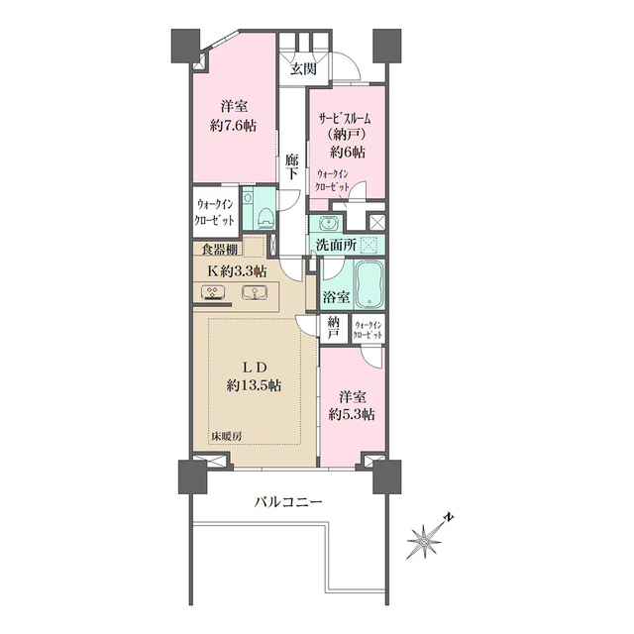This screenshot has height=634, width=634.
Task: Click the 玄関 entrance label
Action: [x=303, y=69]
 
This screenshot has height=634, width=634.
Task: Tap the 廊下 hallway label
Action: [x=292, y=166]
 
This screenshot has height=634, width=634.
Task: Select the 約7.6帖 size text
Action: [x=234, y=126]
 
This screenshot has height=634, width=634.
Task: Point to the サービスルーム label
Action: [x=346, y=119]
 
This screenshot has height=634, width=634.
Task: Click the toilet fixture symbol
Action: [x=266, y=218]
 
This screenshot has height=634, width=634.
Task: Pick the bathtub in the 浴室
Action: [x=370, y=284]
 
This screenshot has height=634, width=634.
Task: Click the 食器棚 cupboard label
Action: [x=220, y=250]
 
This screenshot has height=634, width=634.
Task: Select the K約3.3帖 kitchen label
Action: [x=237, y=271]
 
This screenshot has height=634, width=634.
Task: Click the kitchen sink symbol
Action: [x=254, y=293]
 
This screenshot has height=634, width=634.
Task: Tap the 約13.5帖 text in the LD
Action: [x=254, y=385]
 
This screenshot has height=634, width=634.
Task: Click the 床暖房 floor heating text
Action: [x=227, y=436]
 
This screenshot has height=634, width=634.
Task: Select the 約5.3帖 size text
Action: [x=352, y=415]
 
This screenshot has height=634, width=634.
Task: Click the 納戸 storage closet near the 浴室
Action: [x=333, y=328]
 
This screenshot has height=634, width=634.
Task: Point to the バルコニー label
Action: [x=288, y=502]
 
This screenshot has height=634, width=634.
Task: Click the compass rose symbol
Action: [x=424, y=541]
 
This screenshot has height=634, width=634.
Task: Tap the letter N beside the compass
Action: [x=449, y=517]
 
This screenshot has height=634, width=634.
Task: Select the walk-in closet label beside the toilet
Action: [x=214, y=212]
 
